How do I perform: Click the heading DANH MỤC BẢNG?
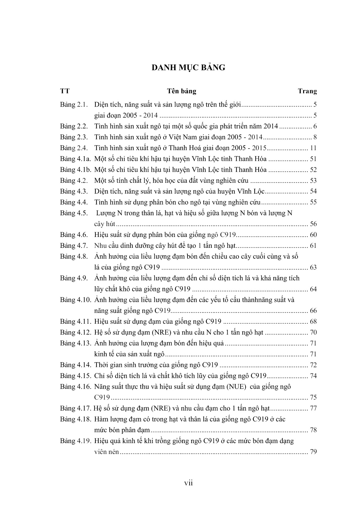(188, 67)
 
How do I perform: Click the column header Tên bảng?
(182, 91)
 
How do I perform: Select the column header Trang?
(307, 91)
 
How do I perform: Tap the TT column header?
(65, 91)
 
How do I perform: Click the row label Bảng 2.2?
(74, 127)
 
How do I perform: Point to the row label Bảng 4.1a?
(76, 159)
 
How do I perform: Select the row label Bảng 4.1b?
(76, 170)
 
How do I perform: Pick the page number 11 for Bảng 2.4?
(313, 148)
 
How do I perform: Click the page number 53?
(313, 181)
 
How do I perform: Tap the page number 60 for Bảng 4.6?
(313, 235)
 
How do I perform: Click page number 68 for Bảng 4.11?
(313, 322)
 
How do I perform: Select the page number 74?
(313, 376)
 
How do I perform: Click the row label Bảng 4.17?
(76, 408)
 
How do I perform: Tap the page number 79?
(313, 452)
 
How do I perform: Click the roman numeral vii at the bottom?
(188, 483)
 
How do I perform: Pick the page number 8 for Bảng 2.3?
(315, 137)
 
